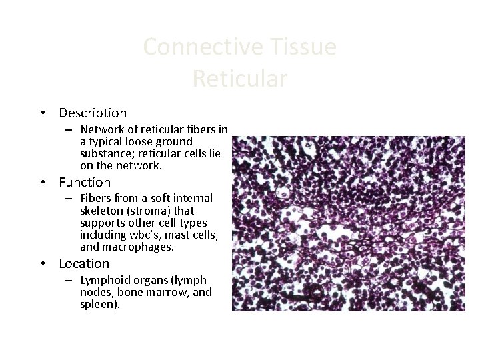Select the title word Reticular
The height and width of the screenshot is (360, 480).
coord(240,79)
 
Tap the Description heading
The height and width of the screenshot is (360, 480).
coord(93,113)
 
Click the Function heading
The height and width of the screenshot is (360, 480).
coord(85,182)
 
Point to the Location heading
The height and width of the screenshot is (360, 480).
coord(84,264)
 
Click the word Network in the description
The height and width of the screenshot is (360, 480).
coord(101,129)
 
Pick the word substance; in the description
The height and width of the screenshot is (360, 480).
coord(105,153)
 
